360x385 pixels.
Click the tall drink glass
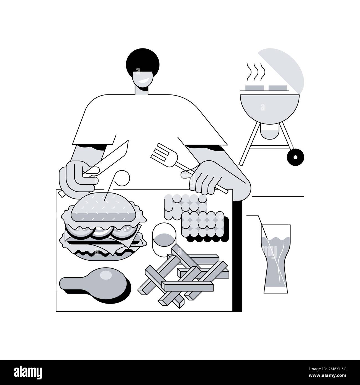pos(276,258)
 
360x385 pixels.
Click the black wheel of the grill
pos(295,157)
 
